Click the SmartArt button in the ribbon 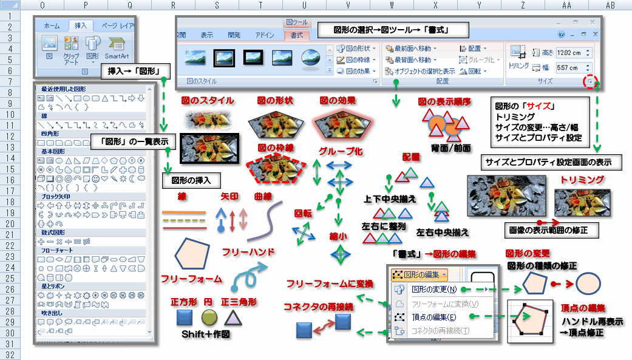pos(117,49)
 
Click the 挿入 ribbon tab pos(81,26)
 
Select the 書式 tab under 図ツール pos(297,35)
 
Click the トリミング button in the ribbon pos(518,57)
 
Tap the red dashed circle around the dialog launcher pos(590,81)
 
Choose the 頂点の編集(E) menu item pos(434,317)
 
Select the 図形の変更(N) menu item pos(434,290)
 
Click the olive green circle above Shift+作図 pos(209,318)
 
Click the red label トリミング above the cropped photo pos(583,180)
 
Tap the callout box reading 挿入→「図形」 pos(134,71)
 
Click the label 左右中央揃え pos(442,232)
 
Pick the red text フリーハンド pos(249,252)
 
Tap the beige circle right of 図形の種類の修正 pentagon pos(588,283)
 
